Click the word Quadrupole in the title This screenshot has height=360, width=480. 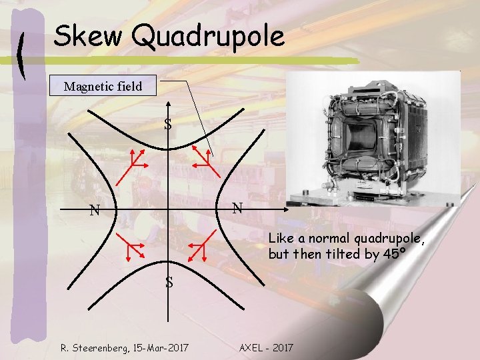click(208, 37)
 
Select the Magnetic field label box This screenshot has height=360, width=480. click(103, 86)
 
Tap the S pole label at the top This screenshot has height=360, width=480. click(169, 124)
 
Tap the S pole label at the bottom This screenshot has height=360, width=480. click(169, 282)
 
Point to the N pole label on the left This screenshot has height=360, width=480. click(95, 211)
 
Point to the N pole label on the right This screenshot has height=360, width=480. click(237, 208)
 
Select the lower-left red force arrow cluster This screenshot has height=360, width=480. click(129, 251)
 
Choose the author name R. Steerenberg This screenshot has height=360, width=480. click(91, 348)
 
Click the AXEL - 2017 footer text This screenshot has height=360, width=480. click(265, 348)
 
